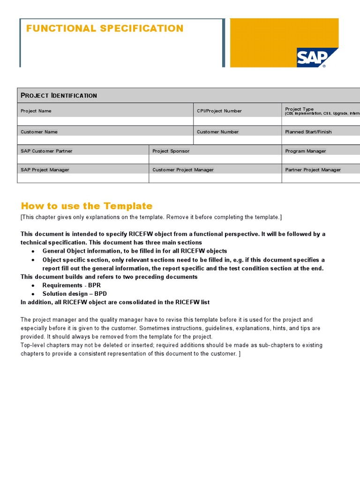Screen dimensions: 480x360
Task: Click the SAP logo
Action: pyautogui.click(x=317, y=58)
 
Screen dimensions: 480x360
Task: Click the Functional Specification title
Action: pyautogui.click(x=105, y=29)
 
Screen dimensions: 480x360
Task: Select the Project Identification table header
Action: pyautogui.click(x=59, y=96)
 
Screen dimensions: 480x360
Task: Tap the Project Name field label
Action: pyautogui.click(x=36, y=111)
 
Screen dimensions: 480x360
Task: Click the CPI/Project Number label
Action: pyautogui.click(x=219, y=111)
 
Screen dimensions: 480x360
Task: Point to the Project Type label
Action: pyautogui.click(x=300, y=109)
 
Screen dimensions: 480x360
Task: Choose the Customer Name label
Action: pyautogui.click(x=39, y=132)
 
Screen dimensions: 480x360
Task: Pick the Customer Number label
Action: pyautogui.click(x=217, y=132)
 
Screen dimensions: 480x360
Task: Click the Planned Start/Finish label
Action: pyautogui.click(x=308, y=132)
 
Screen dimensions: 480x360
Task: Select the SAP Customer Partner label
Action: pyautogui.click(x=46, y=151)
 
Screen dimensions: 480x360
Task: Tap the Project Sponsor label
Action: pyautogui.click(x=171, y=151)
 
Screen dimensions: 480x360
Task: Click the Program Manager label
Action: pyautogui.click(x=306, y=151)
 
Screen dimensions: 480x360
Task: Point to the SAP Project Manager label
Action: pyautogui.click(x=45, y=170)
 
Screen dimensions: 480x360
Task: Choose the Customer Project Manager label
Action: pyautogui.click(x=183, y=170)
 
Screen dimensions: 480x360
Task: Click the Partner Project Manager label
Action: pyautogui.click(x=313, y=170)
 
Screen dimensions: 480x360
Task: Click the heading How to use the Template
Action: pyautogui.click(x=87, y=206)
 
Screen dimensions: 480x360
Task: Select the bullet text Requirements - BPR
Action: pyautogui.click(x=71, y=285)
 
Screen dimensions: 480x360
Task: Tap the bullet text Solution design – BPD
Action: pyautogui.click(x=75, y=293)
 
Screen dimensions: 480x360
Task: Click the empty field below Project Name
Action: pyautogui.click(x=105, y=121)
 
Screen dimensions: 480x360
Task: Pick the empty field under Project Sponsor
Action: pyautogui.click(x=215, y=159)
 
